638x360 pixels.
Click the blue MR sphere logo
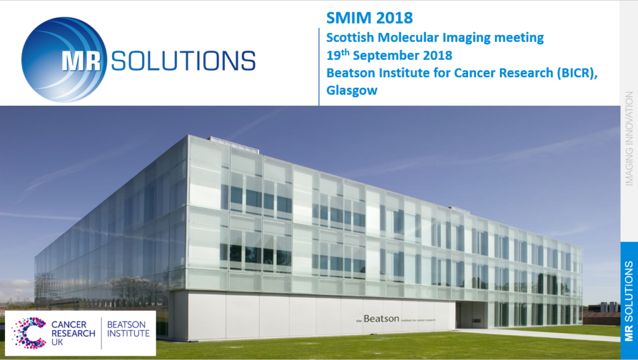pos(64,59)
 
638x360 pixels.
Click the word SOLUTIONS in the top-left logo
pos(183,61)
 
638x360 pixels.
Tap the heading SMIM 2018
pos(369,18)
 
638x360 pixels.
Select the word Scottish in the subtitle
pos(350,37)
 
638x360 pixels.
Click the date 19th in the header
pos(338,55)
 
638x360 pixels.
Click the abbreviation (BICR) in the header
pos(577,73)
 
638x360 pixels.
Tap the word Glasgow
pos(352,90)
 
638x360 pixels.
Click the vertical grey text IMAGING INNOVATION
pos(629,138)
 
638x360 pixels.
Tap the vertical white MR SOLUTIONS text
pos(629,301)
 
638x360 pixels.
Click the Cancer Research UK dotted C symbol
pos(29,333)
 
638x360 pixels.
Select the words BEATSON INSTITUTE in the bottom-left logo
pos(128,329)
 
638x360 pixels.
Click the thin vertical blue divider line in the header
pos(319,67)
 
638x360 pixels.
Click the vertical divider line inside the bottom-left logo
pos(102,333)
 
